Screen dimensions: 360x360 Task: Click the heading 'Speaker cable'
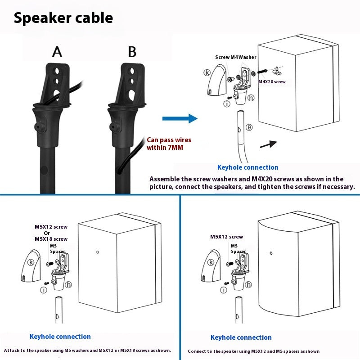tap(63, 18)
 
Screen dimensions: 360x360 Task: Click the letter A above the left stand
tap(57, 52)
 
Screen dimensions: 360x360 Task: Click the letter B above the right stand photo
tap(132, 52)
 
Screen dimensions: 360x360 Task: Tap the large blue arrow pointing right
tap(180, 118)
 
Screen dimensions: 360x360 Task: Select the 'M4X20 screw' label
tap(272, 82)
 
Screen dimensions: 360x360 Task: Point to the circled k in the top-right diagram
tap(207, 72)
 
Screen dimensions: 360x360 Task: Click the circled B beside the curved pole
tap(249, 127)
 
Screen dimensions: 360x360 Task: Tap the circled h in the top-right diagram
tap(251, 97)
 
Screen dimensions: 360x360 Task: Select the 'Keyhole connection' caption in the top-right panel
tap(247, 167)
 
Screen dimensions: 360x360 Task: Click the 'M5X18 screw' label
tap(51, 239)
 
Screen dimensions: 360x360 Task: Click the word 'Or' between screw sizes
tap(47, 233)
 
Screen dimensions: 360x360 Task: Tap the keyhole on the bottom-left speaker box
tap(98, 252)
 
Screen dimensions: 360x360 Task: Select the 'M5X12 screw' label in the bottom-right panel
tap(226, 237)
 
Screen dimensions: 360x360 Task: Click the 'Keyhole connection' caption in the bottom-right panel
tap(241, 337)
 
